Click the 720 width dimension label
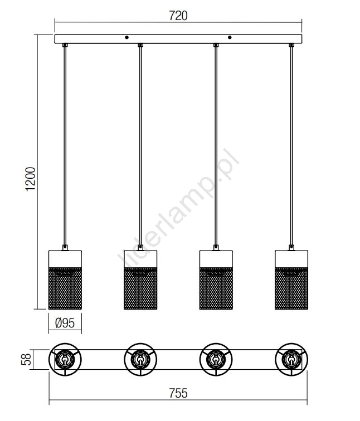(x=178, y=16)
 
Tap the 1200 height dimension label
(x=31, y=179)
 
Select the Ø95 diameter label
(x=65, y=323)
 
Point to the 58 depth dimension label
(x=26, y=360)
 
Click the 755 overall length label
(x=178, y=393)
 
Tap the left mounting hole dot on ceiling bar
(x=127, y=37)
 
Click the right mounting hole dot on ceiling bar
(x=230, y=37)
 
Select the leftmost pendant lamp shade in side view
(x=65, y=280)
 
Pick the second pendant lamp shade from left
(x=140, y=280)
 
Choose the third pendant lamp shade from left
(x=216, y=280)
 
